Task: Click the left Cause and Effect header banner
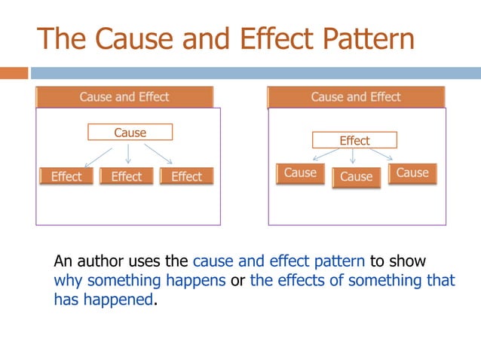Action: [x=124, y=97]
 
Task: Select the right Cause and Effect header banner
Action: [x=356, y=97]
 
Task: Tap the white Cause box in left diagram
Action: [x=130, y=133]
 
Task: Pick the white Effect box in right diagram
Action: [x=354, y=140]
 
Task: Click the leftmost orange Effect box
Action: [x=66, y=176]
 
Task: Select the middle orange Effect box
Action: [x=127, y=176]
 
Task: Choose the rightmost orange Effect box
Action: [x=186, y=176]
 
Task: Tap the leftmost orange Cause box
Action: [x=300, y=173]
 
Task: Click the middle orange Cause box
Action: [x=356, y=177]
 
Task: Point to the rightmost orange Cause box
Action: [x=412, y=173]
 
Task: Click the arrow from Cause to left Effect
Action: [x=99, y=154]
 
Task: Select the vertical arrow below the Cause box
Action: [x=128, y=154]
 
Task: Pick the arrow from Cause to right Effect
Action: [x=159, y=154]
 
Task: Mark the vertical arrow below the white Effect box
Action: [x=354, y=156]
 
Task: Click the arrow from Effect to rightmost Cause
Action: [x=380, y=154]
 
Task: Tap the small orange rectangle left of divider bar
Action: [x=14, y=73]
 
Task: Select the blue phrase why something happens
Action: [x=139, y=281]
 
